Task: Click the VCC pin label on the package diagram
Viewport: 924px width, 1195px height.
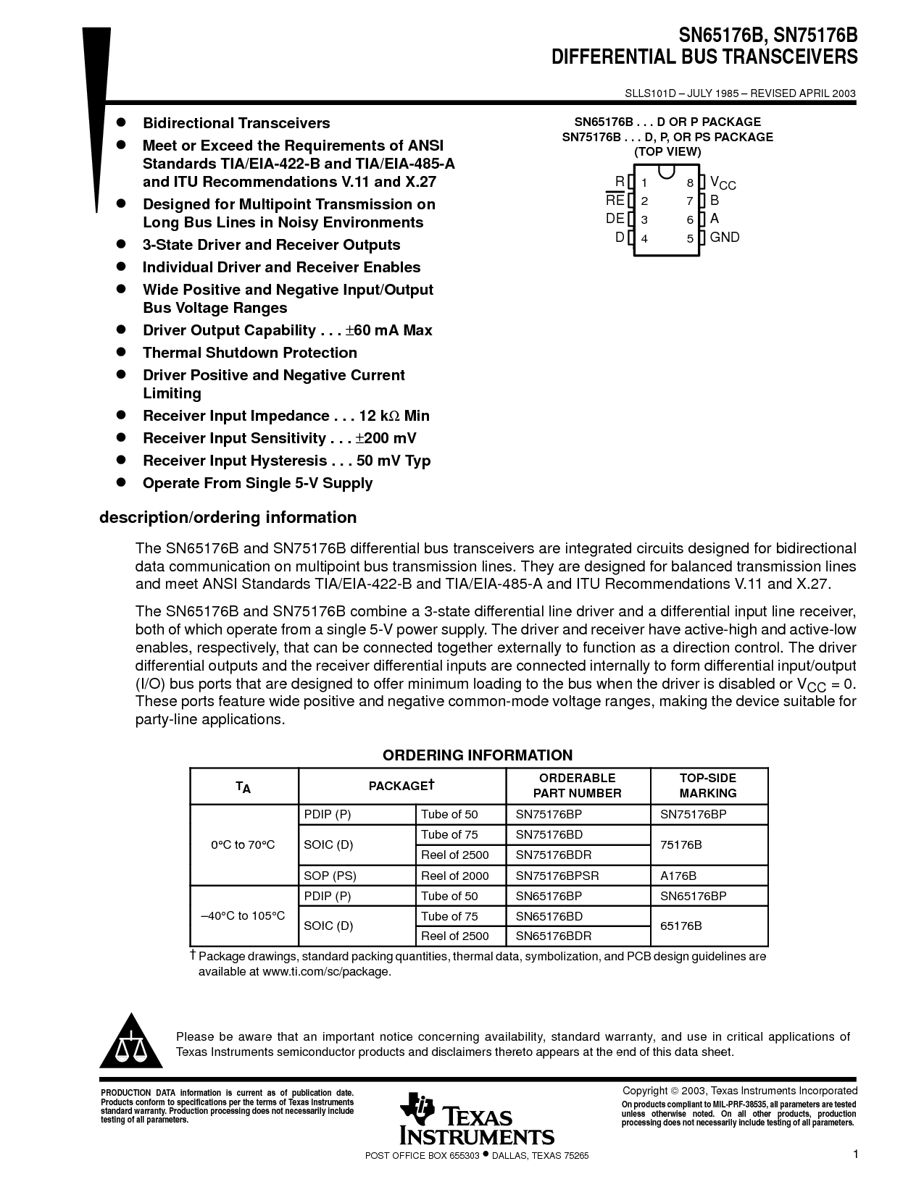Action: [x=723, y=183]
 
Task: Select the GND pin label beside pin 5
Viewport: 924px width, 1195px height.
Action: [x=724, y=238]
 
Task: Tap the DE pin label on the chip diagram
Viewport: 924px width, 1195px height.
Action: [x=615, y=219]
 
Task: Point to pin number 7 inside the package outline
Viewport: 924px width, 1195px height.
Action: [x=690, y=201]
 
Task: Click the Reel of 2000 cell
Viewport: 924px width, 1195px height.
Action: [x=455, y=876]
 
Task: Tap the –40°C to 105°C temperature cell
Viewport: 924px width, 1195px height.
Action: [x=243, y=915]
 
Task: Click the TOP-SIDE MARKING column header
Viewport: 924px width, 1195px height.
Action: [x=707, y=786]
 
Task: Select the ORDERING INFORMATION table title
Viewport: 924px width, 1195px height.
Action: [x=478, y=755]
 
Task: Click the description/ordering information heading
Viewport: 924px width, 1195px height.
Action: [x=228, y=518]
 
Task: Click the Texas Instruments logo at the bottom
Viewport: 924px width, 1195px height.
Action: [x=476, y=1120]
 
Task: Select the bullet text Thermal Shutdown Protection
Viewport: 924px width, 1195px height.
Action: [x=249, y=353]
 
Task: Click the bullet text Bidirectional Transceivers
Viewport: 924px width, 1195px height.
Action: [x=236, y=123]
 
